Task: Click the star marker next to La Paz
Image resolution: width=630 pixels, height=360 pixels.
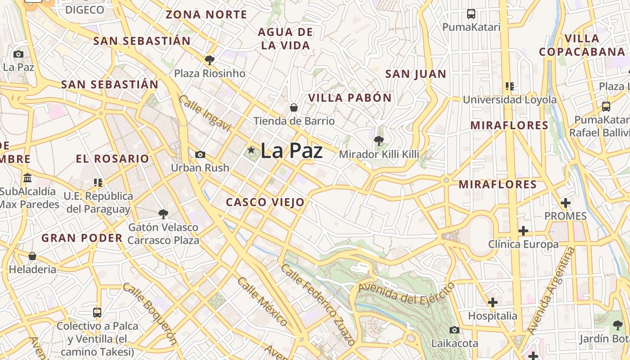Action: click(251, 150)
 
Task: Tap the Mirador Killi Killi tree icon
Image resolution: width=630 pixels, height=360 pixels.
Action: click(379, 141)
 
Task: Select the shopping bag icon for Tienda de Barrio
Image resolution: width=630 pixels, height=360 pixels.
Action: click(294, 108)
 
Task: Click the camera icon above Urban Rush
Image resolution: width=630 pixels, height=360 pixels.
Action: click(200, 155)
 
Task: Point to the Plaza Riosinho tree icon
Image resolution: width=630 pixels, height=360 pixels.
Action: click(210, 60)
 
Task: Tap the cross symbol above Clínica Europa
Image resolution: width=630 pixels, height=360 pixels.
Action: click(523, 231)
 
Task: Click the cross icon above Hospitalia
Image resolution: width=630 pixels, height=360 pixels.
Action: click(493, 302)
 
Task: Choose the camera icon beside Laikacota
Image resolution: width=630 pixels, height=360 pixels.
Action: click(454, 330)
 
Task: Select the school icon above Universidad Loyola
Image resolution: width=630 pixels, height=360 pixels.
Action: click(509, 86)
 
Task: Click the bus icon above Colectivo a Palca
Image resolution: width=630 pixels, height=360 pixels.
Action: click(97, 312)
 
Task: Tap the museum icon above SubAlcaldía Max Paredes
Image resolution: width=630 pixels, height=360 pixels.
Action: click(27, 178)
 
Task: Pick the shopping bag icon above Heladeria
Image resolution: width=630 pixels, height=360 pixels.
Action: click(32, 256)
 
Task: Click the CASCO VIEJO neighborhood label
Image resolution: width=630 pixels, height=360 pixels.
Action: click(265, 202)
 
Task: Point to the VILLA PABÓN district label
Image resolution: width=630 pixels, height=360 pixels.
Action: click(350, 98)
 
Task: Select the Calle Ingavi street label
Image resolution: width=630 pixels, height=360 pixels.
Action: click(205, 113)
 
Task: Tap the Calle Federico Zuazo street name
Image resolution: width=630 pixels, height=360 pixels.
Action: click(318, 304)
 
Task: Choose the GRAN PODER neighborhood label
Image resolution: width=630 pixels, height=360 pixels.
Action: click(82, 238)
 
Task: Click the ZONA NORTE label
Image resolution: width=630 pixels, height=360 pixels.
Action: click(207, 14)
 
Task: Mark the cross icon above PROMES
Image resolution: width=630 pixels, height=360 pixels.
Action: click(566, 203)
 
